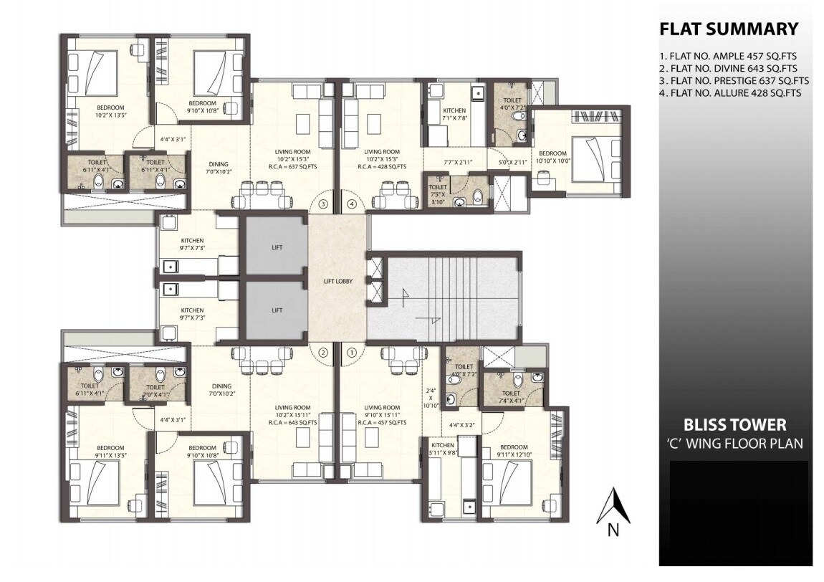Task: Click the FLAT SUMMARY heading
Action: click(728, 29)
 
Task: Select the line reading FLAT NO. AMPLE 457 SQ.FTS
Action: click(729, 55)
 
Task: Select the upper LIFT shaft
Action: click(277, 247)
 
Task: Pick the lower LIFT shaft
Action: click(277, 310)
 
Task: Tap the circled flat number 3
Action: click(323, 204)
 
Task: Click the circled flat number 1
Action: click(351, 352)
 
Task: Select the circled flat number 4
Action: click(351, 204)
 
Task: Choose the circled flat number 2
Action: click(323, 352)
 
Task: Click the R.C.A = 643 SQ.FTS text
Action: click(297, 423)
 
